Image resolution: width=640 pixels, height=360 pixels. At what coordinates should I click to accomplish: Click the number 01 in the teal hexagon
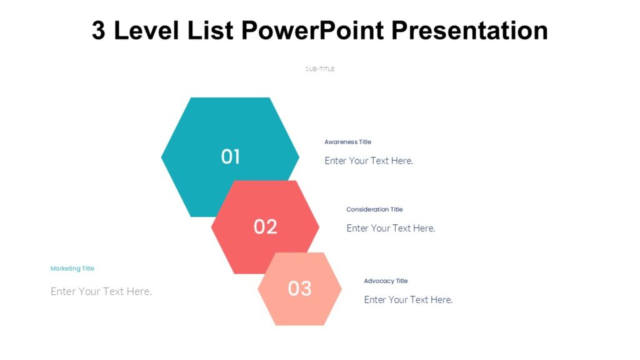231,157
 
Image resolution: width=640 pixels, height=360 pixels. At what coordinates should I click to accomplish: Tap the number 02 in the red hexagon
265,226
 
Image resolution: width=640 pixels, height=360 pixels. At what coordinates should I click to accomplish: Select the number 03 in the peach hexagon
299,288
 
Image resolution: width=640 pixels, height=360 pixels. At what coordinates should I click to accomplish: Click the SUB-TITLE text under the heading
320,69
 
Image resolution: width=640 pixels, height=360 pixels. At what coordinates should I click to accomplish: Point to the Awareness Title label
347,142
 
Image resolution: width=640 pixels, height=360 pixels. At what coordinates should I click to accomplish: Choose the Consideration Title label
374,209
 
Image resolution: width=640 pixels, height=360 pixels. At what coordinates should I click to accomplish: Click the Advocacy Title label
386,281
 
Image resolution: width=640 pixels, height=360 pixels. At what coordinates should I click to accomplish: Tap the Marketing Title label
72,268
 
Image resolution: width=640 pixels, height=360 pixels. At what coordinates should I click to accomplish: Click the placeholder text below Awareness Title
369,161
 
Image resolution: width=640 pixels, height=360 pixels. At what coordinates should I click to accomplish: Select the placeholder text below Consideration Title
391,228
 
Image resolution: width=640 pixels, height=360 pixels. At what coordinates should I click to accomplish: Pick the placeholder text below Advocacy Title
408,299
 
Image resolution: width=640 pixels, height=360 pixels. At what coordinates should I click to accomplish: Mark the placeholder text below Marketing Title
101,291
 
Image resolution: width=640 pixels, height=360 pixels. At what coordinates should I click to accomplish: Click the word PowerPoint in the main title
324,30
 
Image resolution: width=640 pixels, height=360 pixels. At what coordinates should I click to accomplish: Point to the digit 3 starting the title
99,30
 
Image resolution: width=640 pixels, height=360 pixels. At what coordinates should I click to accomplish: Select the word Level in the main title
147,30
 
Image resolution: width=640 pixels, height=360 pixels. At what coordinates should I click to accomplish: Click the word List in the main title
211,30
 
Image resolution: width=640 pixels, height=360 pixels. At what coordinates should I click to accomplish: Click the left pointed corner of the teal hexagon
163,157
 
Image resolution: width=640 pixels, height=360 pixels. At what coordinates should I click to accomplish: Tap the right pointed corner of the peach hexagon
341,288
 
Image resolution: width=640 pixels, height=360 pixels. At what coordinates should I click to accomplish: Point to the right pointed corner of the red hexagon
318,227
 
